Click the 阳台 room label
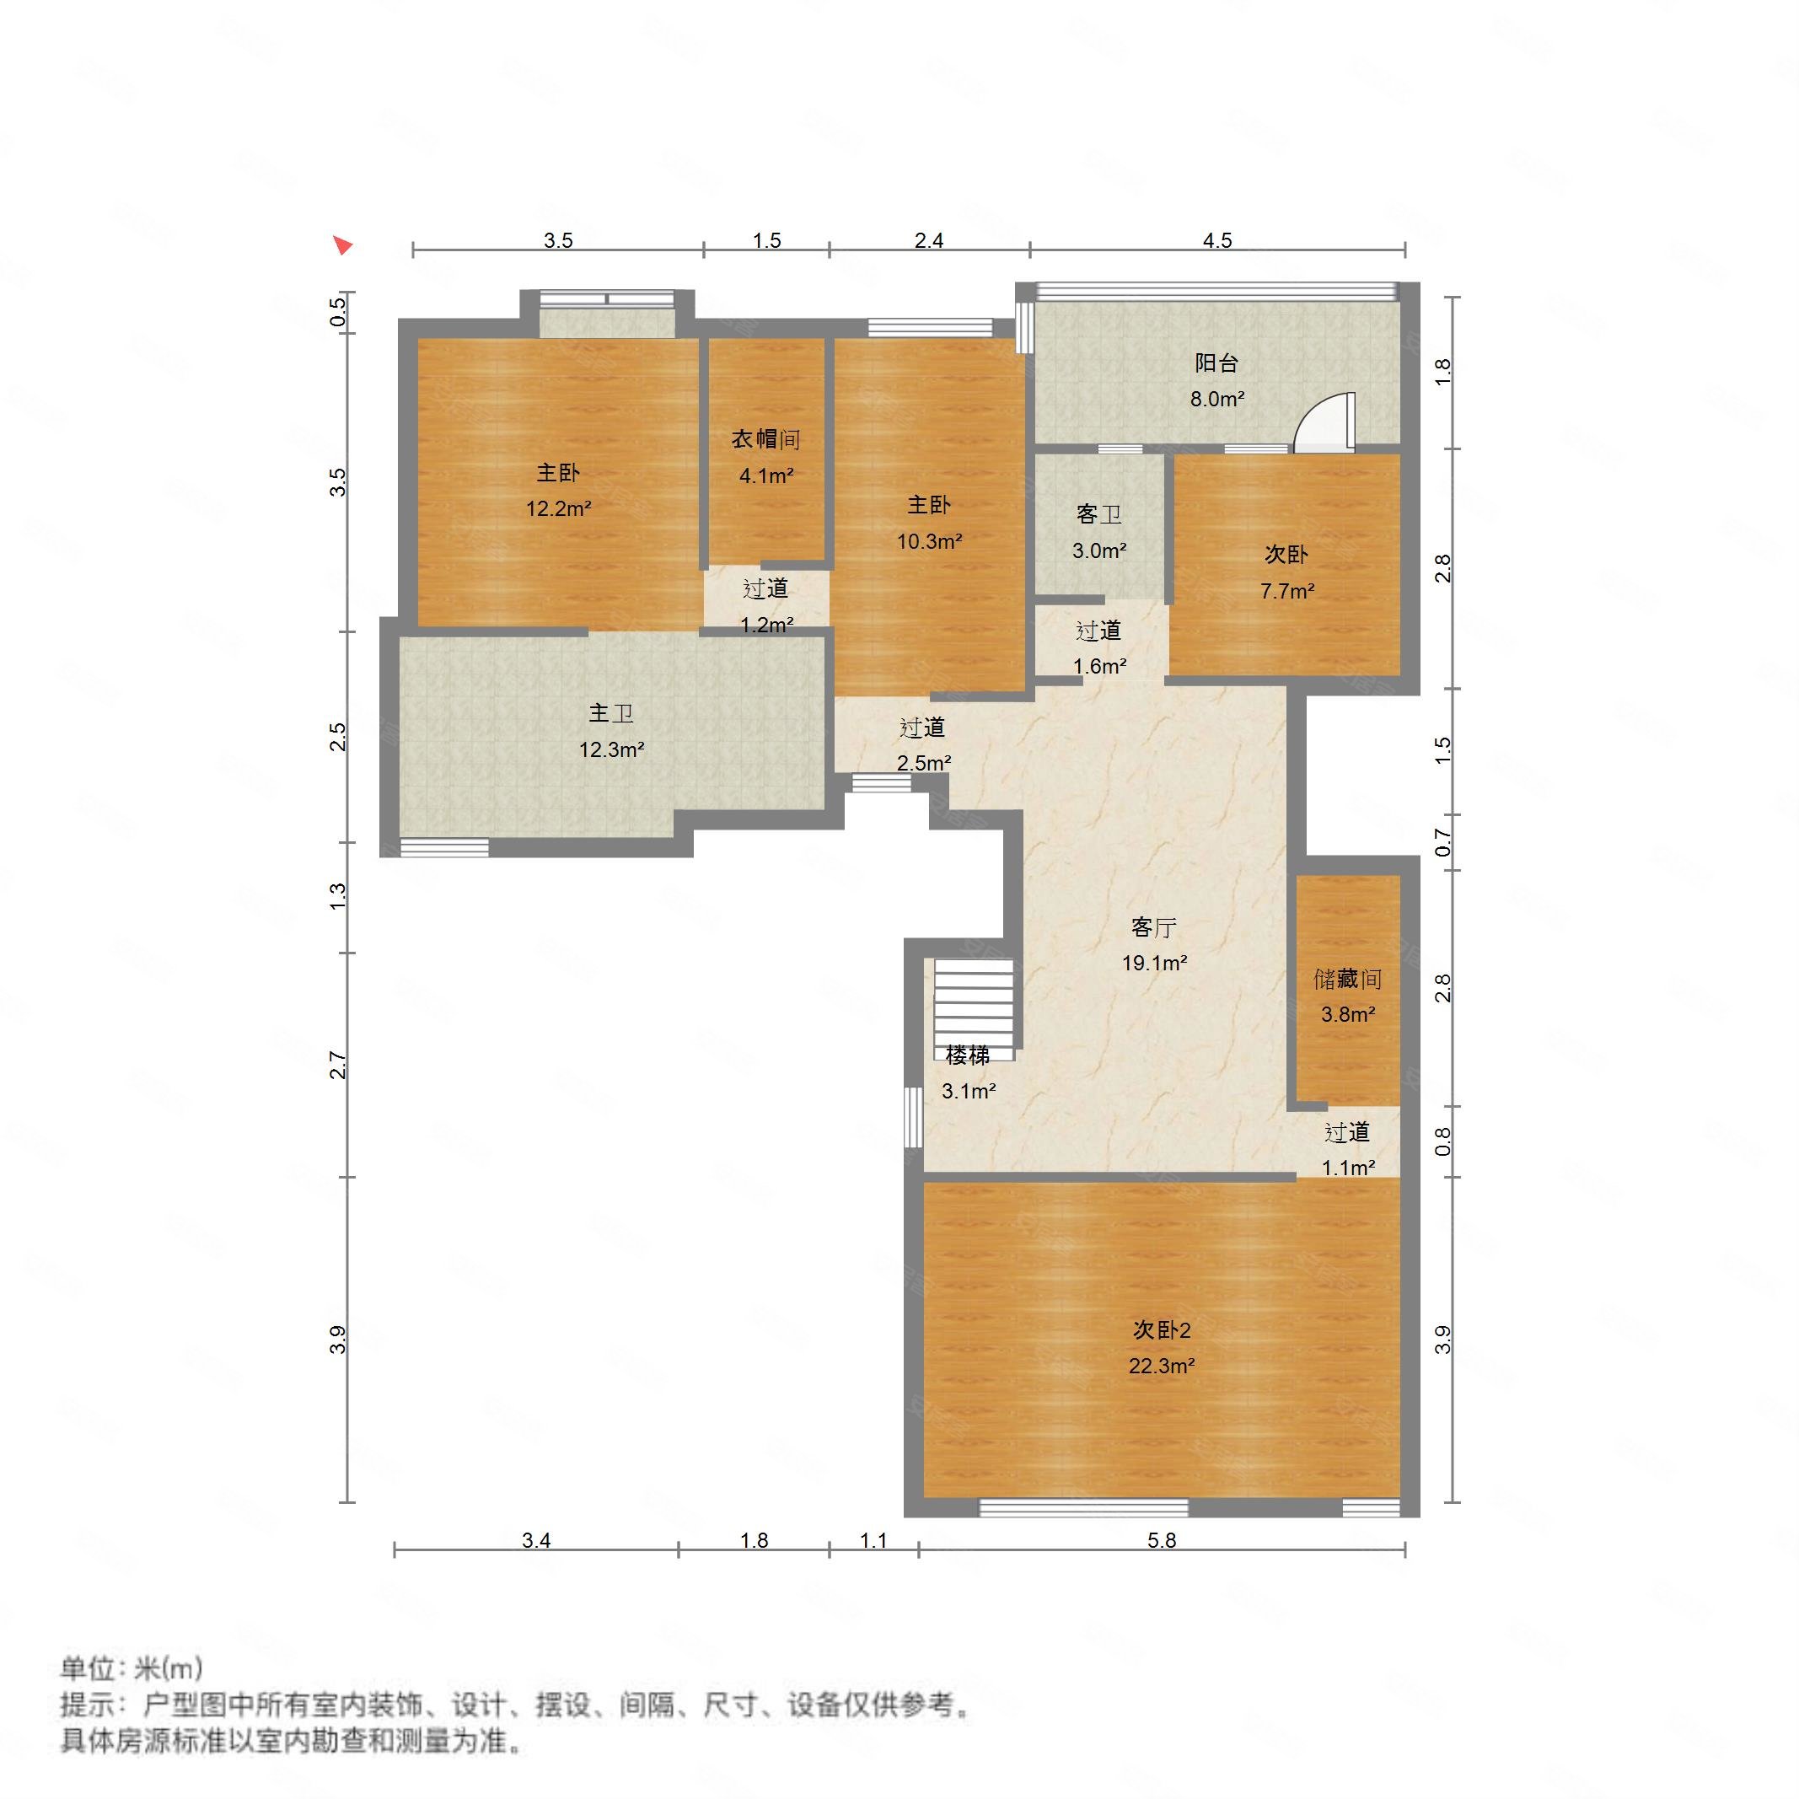1216,363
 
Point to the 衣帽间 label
765,439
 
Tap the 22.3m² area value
1161,1366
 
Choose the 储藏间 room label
1347,979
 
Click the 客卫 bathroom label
1098,514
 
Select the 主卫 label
611,713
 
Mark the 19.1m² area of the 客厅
1154,963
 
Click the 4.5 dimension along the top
1217,241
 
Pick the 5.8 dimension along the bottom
1161,1540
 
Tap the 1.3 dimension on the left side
338,896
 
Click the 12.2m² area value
559,508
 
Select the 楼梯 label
968,1055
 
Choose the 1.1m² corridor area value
1348,1168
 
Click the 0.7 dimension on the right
1443,843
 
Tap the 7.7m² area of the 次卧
1286,590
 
